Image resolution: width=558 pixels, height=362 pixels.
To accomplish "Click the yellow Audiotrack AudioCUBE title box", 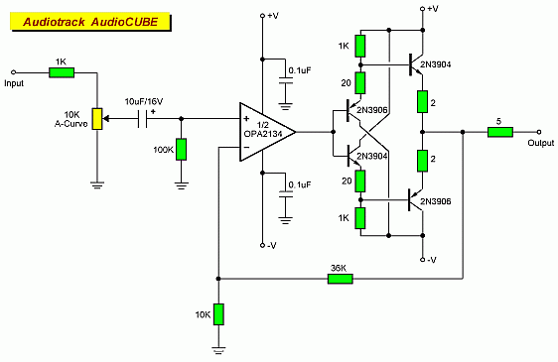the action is (x=90, y=22).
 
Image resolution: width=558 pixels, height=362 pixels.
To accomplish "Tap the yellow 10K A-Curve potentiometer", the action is (x=97, y=119).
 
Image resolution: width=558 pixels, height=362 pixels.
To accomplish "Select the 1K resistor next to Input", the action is (x=62, y=72).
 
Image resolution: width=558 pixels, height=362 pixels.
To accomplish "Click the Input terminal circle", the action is (x=14, y=72).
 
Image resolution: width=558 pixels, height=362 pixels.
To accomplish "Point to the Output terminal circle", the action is (x=539, y=132).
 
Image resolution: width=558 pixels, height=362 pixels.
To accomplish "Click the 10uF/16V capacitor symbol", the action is (x=142, y=119).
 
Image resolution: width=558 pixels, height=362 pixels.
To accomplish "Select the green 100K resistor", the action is (x=181, y=150).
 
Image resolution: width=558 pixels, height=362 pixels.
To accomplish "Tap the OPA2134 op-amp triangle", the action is (x=267, y=132).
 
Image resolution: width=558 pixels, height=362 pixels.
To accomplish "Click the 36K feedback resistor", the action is (x=341, y=279).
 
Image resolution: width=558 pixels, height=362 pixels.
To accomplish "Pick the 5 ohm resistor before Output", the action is (x=500, y=132).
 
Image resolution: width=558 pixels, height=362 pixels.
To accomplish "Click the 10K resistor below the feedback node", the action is (x=218, y=314).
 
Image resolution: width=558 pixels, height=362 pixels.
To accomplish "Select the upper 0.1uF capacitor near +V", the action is (x=285, y=80).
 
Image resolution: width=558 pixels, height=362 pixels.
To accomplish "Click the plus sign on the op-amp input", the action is (x=246, y=118).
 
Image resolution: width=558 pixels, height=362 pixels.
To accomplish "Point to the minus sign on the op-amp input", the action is (x=246, y=147).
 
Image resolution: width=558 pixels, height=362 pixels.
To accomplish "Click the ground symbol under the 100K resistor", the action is (x=181, y=185).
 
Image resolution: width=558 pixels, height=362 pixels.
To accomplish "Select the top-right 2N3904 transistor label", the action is (x=436, y=64).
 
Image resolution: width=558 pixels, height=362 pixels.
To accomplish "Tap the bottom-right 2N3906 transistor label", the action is (x=436, y=201).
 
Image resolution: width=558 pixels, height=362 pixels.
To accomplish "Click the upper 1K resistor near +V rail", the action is (x=360, y=46).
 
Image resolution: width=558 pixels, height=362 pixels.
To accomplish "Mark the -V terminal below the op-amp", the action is (x=262, y=245).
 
